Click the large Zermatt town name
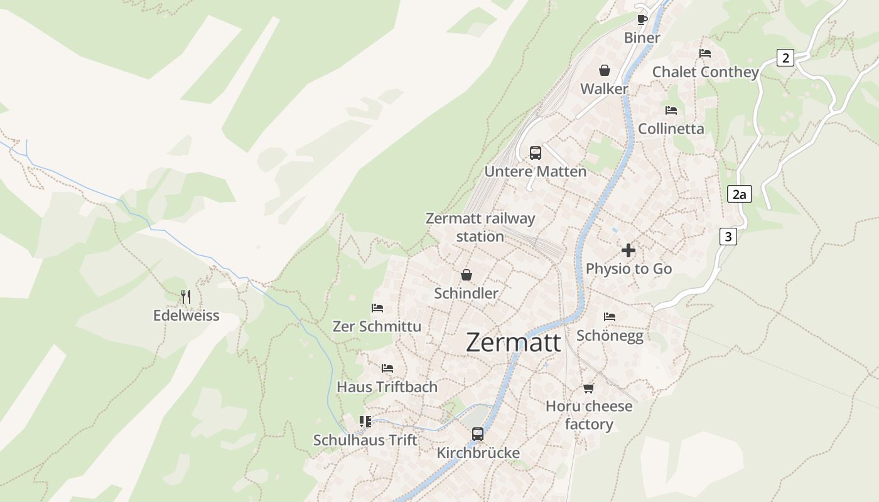[x=514, y=343]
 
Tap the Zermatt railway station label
[x=480, y=227]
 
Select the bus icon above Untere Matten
[x=535, y=152]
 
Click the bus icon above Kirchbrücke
[x=478, y=434]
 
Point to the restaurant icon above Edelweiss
[x=186, y=296]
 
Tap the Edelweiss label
[x=186, y=316]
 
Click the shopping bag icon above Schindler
[x=466, y=275]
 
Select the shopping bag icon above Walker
[x=604, y=70]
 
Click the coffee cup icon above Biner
[x=642, y=19]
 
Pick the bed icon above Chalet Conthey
[x=705, y=53]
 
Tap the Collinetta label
[x=671, y=129]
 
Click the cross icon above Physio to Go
[x=628, y=250]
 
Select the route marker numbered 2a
[x=740, y=194]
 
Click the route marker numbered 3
[x=728, y=237]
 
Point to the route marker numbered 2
[x=785, y=58]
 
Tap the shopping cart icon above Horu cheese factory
[x=588, y=388]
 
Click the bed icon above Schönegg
[x=610, y=317]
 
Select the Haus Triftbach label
[x=387, y=387]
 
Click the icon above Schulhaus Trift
[x=365, y=421]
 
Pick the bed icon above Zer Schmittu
[x=377, y=308]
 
